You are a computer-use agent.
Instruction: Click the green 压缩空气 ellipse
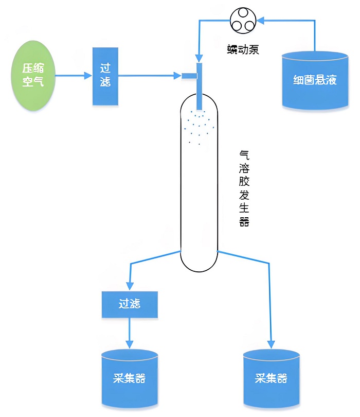coord(33,75)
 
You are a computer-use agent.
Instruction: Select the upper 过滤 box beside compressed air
coord(105,76)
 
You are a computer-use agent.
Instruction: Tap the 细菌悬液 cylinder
coord(314,80)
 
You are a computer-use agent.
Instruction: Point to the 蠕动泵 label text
coord(242,50)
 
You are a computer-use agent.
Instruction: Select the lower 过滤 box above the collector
coord(130,304)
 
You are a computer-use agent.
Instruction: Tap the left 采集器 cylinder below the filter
coord(129,378)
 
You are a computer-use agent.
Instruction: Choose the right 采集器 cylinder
coord(271,378)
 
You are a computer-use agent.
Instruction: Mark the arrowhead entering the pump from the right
coord(259,21)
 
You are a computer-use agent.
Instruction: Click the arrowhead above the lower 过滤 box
coord(129,286)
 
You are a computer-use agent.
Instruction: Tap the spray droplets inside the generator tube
coord(199,126)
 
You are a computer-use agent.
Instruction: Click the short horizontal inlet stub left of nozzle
coord(189,76)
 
